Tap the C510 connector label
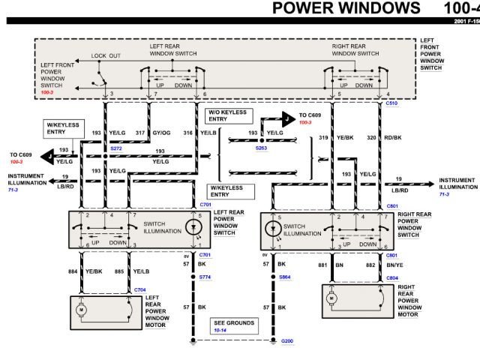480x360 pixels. point(392,103)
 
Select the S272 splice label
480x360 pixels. point(115,148)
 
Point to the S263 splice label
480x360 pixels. point(261,148)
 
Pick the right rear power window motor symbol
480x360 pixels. point(330,298)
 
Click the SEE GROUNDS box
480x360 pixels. point(232,325)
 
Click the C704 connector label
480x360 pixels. point(140,289)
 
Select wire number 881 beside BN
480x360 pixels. point(322,265)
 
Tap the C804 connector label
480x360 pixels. point(392,277)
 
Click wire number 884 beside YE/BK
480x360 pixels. point(73,271)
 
